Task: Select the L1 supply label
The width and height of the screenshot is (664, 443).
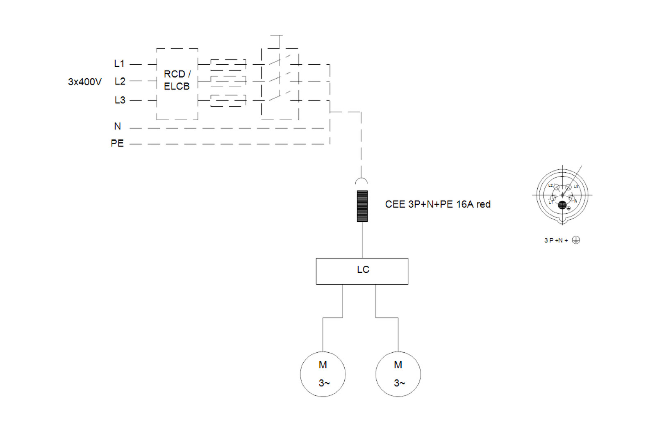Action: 119,64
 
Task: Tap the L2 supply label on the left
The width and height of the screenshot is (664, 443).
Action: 120,82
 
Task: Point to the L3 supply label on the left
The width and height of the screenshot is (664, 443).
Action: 120,100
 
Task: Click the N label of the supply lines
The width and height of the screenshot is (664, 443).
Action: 118,126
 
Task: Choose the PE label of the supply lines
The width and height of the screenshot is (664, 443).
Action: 117,144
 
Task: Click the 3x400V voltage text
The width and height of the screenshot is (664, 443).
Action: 85,82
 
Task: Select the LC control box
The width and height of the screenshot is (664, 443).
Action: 362,271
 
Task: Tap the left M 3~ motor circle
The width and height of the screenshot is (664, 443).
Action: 323,374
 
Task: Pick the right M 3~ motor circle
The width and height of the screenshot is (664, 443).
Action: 398,374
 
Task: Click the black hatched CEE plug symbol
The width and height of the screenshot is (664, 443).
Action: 362,206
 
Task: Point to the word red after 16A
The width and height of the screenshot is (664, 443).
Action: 483,204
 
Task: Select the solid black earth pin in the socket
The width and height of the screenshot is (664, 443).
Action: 562,205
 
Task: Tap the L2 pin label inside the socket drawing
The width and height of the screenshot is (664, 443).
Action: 550,185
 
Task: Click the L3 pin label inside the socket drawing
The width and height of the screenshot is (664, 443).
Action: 575,186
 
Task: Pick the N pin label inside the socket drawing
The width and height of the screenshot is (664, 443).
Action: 575,201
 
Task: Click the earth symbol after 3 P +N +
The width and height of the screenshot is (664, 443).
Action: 576,240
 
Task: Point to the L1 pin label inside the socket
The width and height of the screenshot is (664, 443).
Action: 551,202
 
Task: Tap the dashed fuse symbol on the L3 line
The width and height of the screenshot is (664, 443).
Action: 228,100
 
